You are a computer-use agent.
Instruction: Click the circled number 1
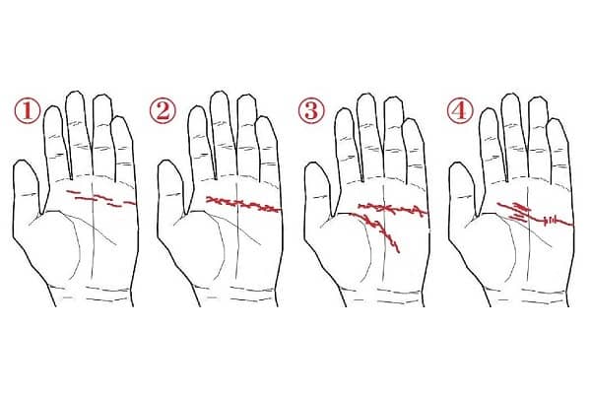pyautogui.click(x=28, y=111)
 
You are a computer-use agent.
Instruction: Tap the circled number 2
pyautogui.click(x=163, y=111)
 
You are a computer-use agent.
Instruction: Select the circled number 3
pyautogui.click(x=311, y=111)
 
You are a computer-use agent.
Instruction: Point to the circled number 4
pyautogui.click(x=459, y=111)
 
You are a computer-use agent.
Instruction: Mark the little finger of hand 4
pyautogui.click(x=558, y=151)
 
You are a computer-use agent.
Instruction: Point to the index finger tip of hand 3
pyautogui.click(x=344, y=111)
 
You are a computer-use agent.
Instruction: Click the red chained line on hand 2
pyautogui.click(x=243, y=205)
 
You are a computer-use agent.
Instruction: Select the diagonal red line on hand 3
pyautogui.click(x=377, y=229)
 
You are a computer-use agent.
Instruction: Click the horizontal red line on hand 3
pyautogui.click(x=393, y=209)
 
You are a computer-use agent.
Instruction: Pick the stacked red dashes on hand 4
pyautogui.click(x=519, y=211)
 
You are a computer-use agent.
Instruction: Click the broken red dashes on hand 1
pyautogui.click(x=101, y=199)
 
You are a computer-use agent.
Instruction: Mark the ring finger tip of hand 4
pyautogui.click(x=537, y=99)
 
